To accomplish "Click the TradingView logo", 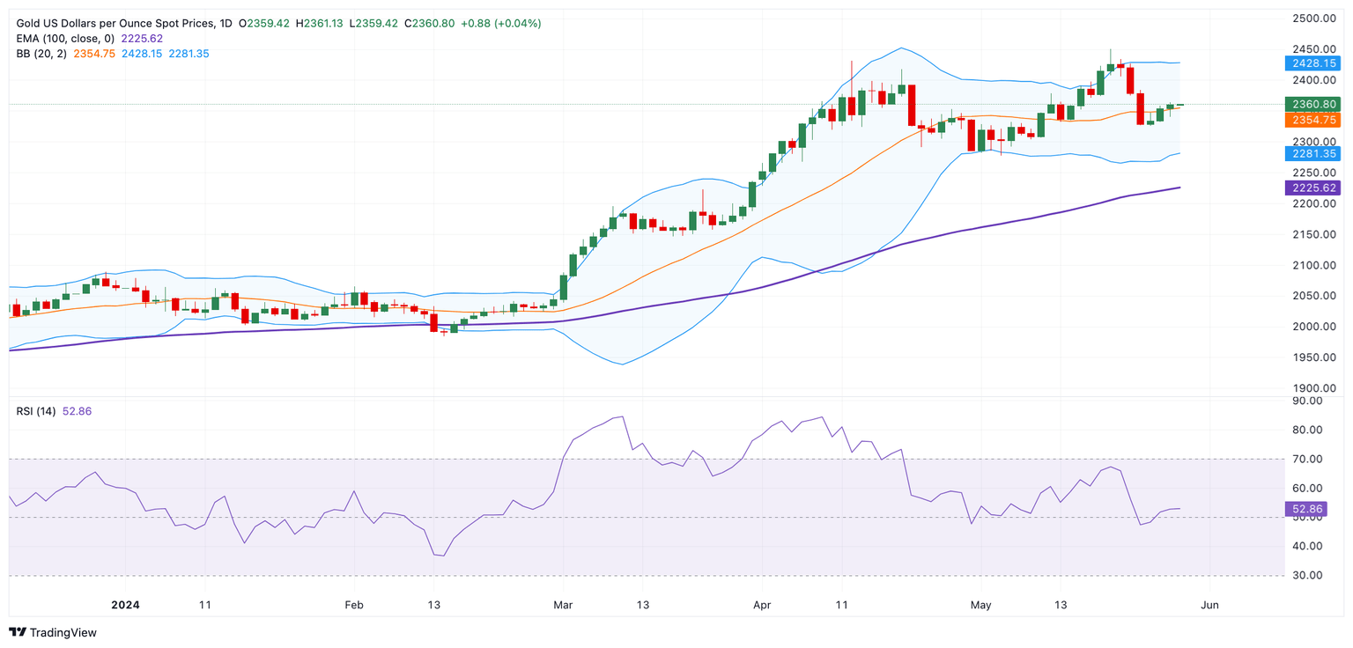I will [x=54, y=632].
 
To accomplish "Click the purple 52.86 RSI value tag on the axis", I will [x=1307, y=509].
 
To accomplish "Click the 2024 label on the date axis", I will [x=125, y=605].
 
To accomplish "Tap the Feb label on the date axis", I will [x=354, y=605].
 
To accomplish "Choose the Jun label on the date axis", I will [x=1210, y=605].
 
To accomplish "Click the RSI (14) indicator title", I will [x=36, y=411].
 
